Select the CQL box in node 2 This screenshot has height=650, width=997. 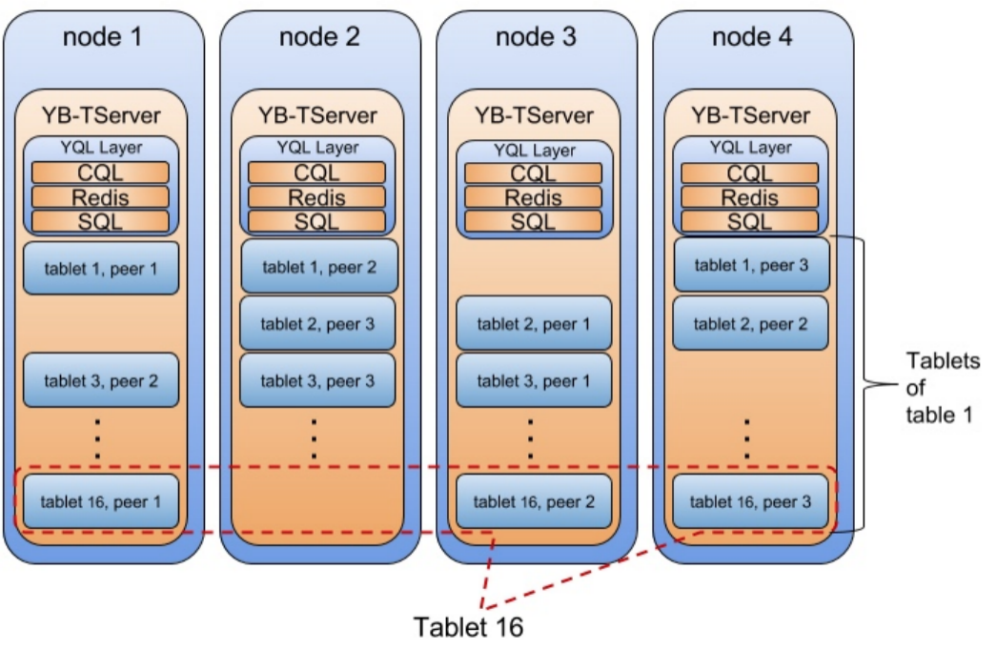[316, 173]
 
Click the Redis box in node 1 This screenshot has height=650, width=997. [100, 197]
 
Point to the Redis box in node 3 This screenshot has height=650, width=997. [533, 198]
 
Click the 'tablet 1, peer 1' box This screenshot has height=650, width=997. [100, 269]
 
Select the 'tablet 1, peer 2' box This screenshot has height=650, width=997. [317, 267]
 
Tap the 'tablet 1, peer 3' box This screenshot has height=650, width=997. [751, 265]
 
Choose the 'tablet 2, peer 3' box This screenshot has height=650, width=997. [317, 324]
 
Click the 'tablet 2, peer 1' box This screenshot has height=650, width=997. [533, 324]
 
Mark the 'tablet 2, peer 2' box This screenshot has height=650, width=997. [751, 324]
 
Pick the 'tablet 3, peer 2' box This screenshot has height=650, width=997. [100, 380]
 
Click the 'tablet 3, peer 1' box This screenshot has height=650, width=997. [533, 380]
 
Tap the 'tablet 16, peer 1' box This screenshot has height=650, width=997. [100, 501]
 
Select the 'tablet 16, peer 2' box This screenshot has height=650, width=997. [533, 501]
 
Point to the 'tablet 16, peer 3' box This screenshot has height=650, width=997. [751, 501]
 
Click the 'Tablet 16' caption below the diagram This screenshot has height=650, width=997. [468, 627]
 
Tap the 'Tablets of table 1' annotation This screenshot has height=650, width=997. [939, 388]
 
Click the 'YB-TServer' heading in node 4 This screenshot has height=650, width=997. [749, 115]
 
